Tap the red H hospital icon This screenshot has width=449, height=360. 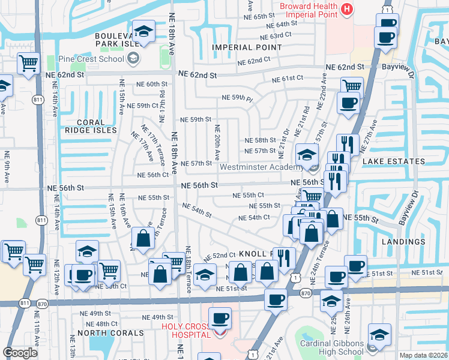pos(346,9)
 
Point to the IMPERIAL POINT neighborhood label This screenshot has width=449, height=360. pos(241,47)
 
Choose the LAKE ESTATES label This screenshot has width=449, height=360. pos(393,161)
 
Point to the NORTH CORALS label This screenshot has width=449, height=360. pos(110,332)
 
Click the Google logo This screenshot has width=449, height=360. pos(20,353)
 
